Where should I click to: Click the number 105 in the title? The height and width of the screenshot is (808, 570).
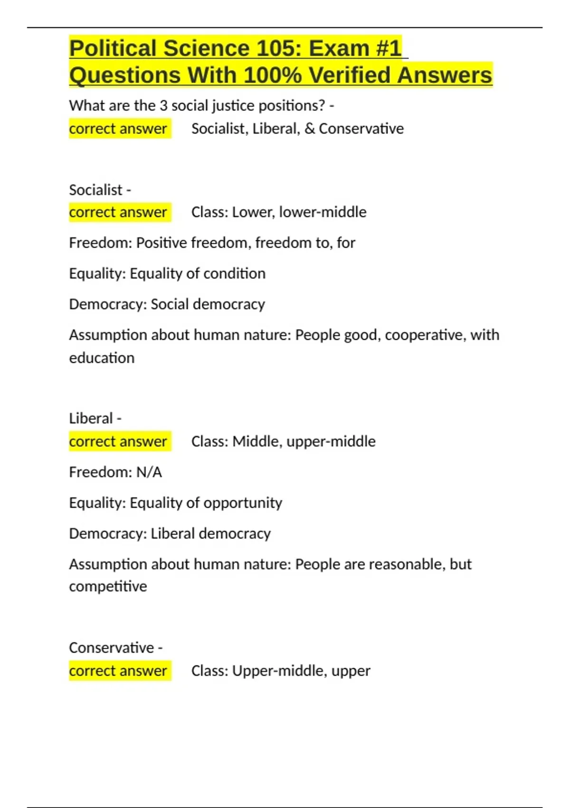pyautogui.click(x=272, y=48)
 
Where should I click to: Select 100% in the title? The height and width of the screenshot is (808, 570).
pyautogui.click(x=272, y=75)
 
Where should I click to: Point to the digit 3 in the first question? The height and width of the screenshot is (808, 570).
pyautogui.click(x=163, y=106)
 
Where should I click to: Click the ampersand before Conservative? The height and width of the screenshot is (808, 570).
pyautogui.click(x=309, y=129)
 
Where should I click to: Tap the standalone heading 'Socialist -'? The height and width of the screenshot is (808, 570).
pyautogui.click(x=100, y=190)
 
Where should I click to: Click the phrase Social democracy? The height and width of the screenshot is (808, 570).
pyautogui.click(x=208, y=304)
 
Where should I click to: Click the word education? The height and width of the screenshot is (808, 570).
pyautogui.click(x=102, y=358)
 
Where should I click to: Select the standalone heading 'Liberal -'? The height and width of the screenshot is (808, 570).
pyautogui.click(x=95, y=418)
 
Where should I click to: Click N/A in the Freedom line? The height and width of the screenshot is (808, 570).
pyautogui.click(x=149, y=472)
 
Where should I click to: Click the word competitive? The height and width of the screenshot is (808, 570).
pyautogui.click(x=108, y=587)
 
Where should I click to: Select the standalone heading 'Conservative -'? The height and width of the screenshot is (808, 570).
pyautogui.click(x=115, y=648)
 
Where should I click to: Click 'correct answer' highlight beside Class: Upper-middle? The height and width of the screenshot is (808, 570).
pyautogui.click(x=118, y=671)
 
